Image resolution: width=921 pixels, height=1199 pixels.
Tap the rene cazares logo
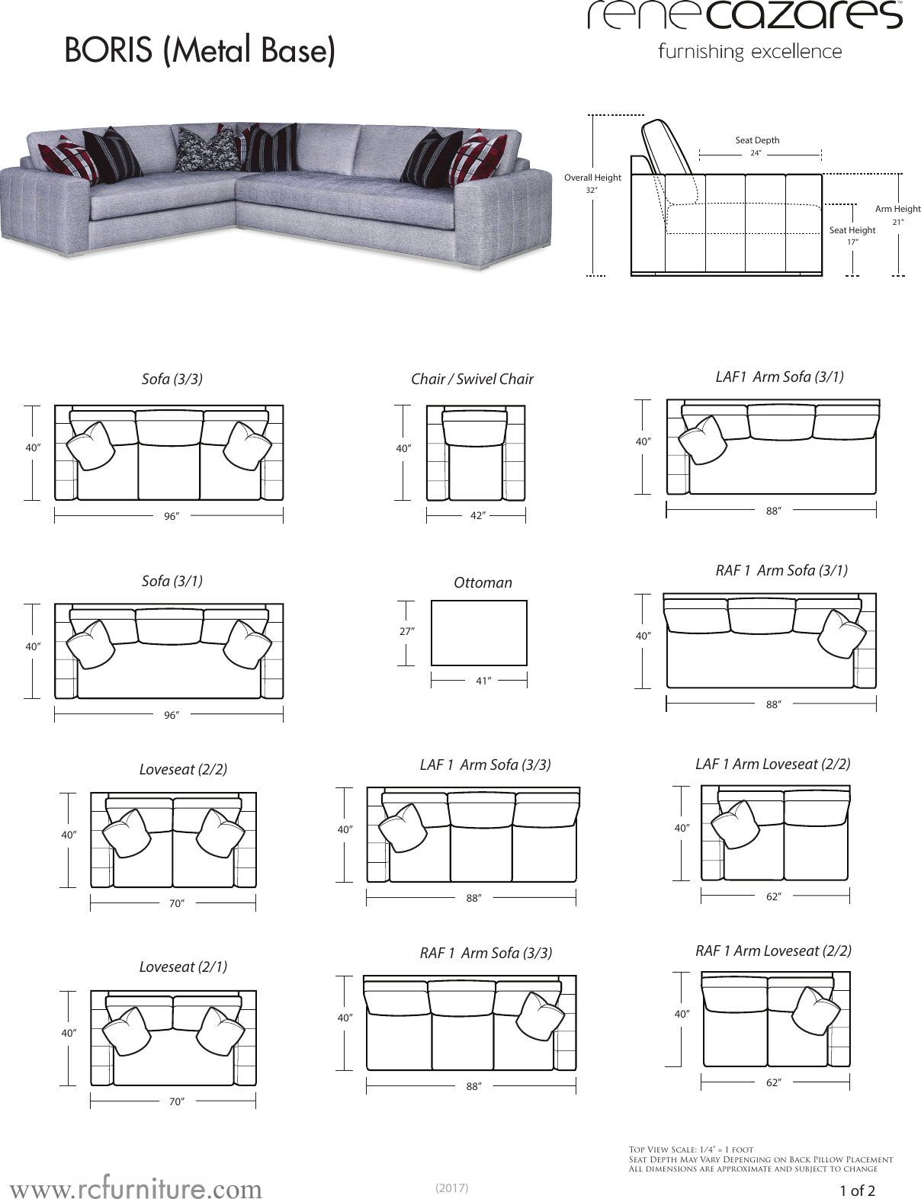(x=745, y=17)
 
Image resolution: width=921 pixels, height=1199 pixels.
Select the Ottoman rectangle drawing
(x=479, y=633)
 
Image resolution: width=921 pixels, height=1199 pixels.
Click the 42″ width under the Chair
(x=477, y=516)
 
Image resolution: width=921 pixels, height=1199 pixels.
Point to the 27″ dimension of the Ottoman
(x=407, y=631)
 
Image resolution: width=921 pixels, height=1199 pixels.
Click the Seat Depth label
(x=757, y=140)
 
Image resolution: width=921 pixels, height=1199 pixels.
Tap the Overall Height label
(x=592, y=178)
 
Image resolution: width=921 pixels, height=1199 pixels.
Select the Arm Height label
(x=897, y=209)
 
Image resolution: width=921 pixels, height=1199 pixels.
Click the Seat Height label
(x=852, y=230)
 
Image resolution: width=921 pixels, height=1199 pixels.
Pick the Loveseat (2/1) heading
(x=183, y=967)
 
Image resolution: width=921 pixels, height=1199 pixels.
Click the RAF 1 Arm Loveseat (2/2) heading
(x=773, y=951)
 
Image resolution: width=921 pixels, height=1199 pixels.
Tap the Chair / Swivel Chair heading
(x=472, y=379)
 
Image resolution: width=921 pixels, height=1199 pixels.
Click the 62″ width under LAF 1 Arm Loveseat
(x=774, y=897)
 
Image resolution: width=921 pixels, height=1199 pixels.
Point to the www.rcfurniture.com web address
(x=136, y=1188)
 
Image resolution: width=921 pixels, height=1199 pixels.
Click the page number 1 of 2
(x=857, y=1190)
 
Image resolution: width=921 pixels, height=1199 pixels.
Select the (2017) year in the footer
(x=451, y=1188)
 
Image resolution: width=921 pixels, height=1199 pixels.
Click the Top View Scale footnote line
(x=691, y=1149)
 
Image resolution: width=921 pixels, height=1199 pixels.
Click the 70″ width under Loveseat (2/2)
(x=177, y=903)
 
